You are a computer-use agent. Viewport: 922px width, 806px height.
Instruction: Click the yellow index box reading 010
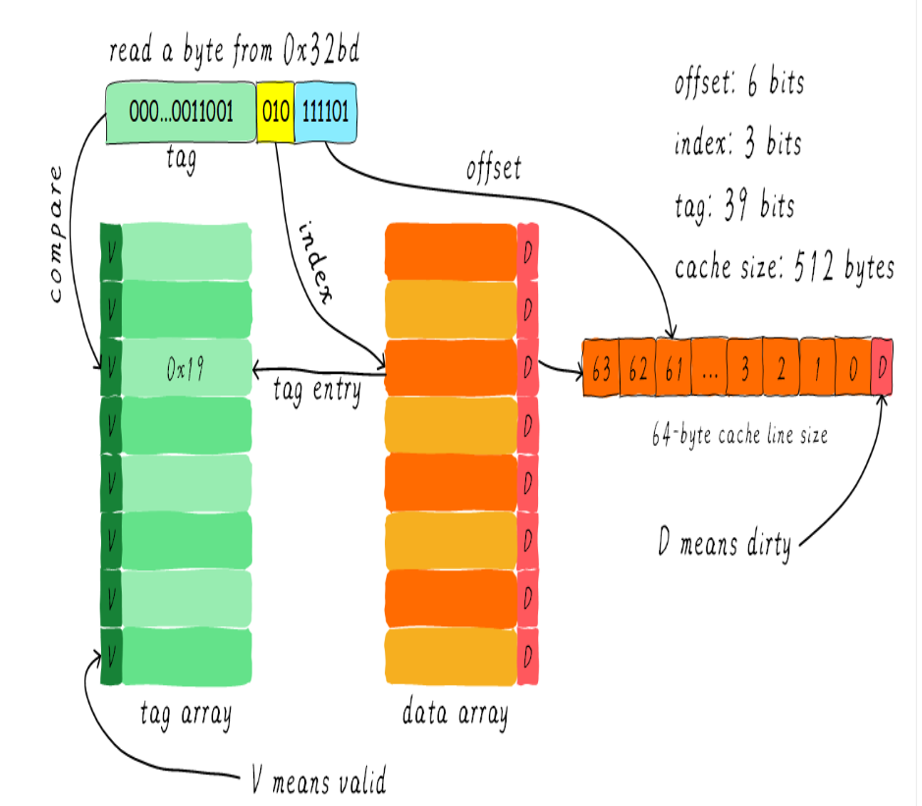[275, 111]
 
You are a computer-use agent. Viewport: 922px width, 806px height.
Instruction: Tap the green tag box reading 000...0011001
[181, 111]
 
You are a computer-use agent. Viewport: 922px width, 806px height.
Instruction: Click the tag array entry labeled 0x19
[186, 368]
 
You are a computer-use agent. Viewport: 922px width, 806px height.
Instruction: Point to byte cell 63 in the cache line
[602, 368]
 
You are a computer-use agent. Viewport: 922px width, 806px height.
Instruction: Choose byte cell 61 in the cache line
[674, 368]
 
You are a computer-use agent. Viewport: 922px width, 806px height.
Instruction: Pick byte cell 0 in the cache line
[852, 368]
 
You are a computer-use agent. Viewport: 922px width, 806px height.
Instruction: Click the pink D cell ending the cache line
[882, 368]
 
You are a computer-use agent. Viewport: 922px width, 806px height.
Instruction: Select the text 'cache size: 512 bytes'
[785, 267]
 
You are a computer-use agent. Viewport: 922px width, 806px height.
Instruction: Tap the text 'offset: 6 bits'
[738, 83]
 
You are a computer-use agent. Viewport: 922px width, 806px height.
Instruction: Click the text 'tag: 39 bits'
[733, 206]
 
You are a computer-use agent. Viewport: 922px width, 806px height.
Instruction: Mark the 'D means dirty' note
[725, 543]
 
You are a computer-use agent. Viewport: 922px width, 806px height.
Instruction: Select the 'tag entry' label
[316, 391]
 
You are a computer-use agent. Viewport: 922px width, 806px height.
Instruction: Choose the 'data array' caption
[456, 714]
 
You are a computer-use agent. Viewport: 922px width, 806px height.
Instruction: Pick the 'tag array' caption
[186, 714]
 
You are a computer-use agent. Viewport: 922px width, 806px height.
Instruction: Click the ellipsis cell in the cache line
[710, 368]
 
